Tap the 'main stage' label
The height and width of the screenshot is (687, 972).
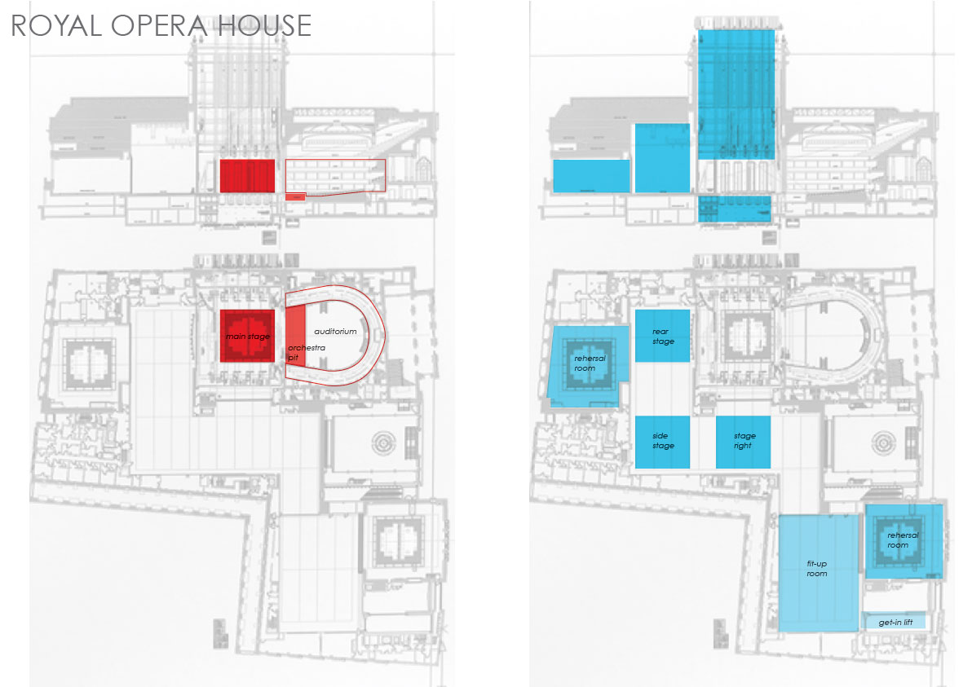pyautogui.click(x=247, y=336)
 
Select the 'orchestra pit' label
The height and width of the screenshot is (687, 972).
pyautogui.click(x=306, y=352)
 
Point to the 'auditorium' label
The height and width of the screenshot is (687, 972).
pyautogui.click(x=335, y=332)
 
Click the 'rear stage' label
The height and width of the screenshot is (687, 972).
pyautogui.click(x=663, y=336)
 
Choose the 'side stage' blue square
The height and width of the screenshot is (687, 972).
pyautogui.click(x=662, y=442)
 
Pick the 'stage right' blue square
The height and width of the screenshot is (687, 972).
pyautogui.click(x=744, y=441)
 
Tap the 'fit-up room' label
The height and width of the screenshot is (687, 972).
pyautogui.click(x=816, y=568)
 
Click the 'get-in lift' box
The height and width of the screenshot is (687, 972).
pyautogui.click(x=895, y=623)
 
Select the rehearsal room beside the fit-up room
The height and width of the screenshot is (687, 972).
pyautogui.click(x=904, y=541)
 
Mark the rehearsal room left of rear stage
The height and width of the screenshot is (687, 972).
pyautogui.click(x=585, y=364)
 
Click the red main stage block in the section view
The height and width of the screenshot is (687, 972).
pyautogui.click(x=246, y=175)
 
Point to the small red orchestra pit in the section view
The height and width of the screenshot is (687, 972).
pyautogui.click(x=294, y=196)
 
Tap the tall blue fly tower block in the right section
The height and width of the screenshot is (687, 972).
pyautogui.click(x=736, y=94)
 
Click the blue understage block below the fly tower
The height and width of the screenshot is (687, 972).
pyautogui.click(x=734, y=209)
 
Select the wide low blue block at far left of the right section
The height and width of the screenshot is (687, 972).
pyautogui.click(x=591, y=176)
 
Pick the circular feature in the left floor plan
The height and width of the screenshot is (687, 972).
pyautogui.click(x=383, y=443)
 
